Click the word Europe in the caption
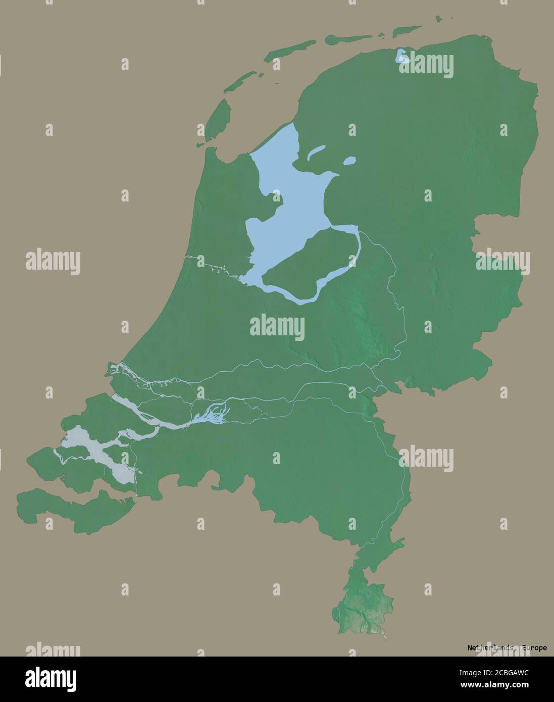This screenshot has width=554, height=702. click(x=534, y=647)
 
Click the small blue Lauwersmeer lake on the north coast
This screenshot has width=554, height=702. click(x=402, y=56)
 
